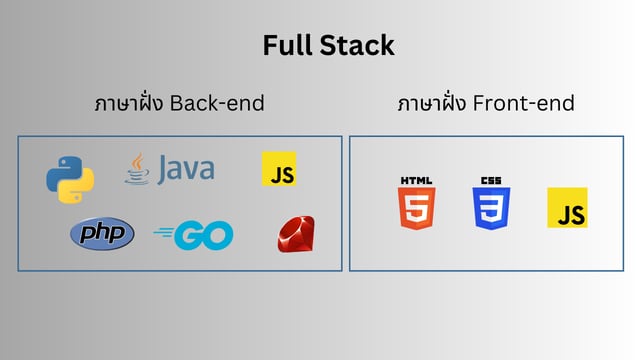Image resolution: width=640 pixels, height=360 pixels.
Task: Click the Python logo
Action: click(x=70, y=178)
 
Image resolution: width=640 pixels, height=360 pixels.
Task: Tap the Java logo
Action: click(x=169, y=168)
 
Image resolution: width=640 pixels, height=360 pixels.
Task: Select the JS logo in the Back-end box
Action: click(x=279, y=169)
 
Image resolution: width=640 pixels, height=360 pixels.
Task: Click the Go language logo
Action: click(x=194, y=236)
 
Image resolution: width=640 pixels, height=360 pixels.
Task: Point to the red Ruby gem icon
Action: click(x=296, y=236)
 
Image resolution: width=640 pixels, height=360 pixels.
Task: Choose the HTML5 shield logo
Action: click(x=417, y=204)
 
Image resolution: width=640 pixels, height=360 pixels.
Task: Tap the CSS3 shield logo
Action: click(x=491, y=204)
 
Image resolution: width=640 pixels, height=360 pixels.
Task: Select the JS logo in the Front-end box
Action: click(x=567, y=207)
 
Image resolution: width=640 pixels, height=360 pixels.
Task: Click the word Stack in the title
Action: click(x=359, y=45)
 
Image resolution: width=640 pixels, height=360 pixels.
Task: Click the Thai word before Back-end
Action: click(x=129, y=103)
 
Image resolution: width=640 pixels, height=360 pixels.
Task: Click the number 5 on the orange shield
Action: click(x=417, y=209)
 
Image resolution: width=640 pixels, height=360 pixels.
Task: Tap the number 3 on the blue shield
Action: click(x=491, y=209)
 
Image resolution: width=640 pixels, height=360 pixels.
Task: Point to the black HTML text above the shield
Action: click(x=417, y=180)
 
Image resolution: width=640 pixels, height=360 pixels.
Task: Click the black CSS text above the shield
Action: click(x=491, y=180)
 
